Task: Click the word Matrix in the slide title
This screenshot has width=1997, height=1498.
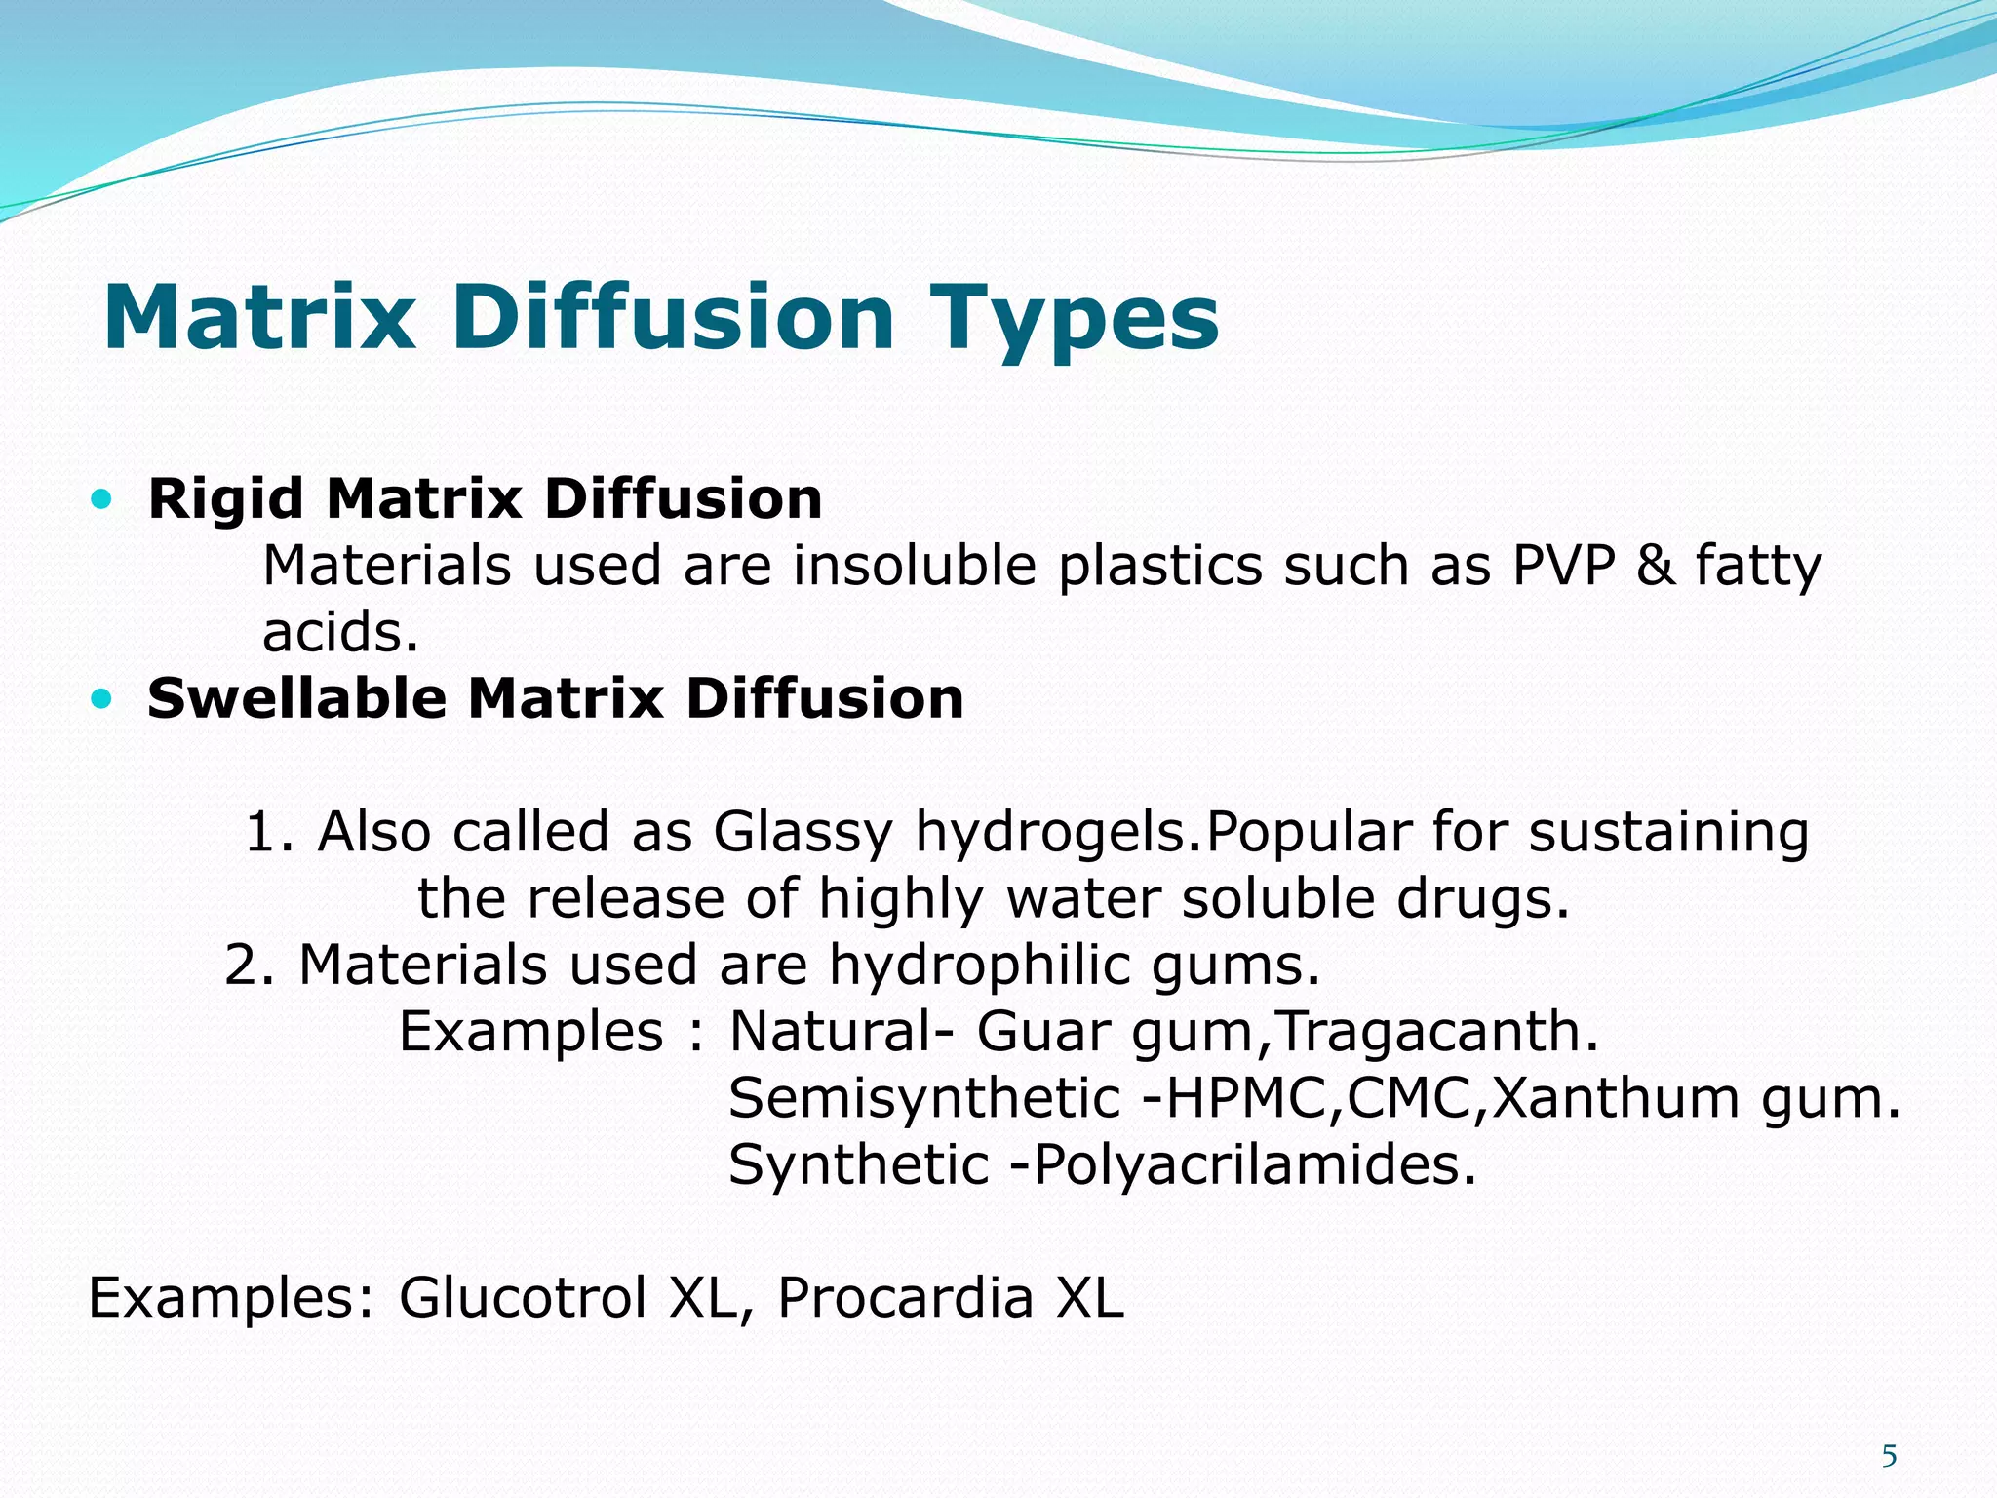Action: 258,318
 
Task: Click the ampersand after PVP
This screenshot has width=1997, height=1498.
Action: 1654,566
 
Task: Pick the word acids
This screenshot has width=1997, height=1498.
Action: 340,633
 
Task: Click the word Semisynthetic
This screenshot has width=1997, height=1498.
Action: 924,1099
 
